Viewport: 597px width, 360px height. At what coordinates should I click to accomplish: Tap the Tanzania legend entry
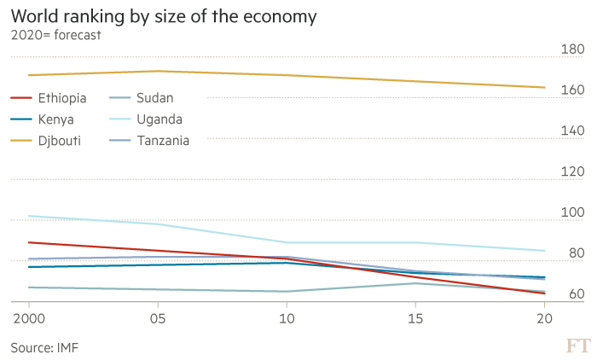(163, 140)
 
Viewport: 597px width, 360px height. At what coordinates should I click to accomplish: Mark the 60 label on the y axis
(573, 294)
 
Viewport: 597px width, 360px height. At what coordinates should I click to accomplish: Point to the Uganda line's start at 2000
(29, 216)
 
